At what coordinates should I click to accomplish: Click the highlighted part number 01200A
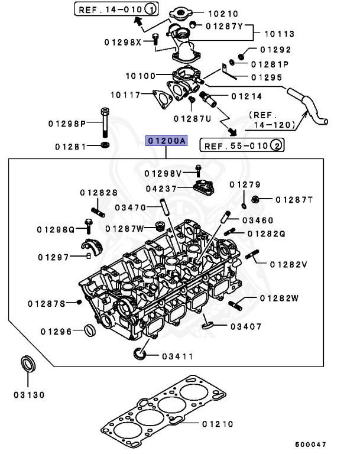[167, 141]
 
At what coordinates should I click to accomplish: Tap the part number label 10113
[279, 34]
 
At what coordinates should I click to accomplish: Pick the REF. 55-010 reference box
[242, 144]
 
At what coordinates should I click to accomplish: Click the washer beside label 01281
[105, 145]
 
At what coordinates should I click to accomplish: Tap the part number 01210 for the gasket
[217, 424]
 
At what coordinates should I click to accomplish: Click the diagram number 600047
[310, 444]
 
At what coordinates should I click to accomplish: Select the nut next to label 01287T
[257, 200]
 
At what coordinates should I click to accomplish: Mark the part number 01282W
[278, 298]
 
